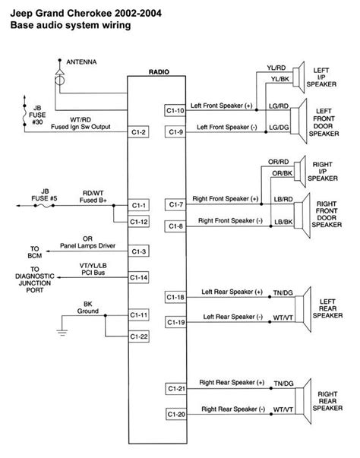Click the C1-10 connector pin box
point(175,111)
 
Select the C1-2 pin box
point(139,133)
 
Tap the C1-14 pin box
point(139,277)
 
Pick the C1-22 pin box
point(139,336)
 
